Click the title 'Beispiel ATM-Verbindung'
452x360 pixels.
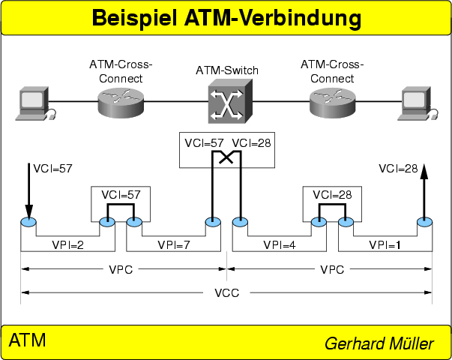(226, 18)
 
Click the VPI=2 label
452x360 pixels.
(67, 244)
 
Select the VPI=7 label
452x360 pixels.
(173, 244)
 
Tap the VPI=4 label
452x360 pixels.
(280, 244)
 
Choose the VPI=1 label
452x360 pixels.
(386, 244)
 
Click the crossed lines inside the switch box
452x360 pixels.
(226, 156)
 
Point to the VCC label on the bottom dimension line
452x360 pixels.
(226, 292)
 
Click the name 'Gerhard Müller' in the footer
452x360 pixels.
(379, 343)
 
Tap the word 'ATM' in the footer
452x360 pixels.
(27, 341)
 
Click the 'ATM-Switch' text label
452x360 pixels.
(227, 70)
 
